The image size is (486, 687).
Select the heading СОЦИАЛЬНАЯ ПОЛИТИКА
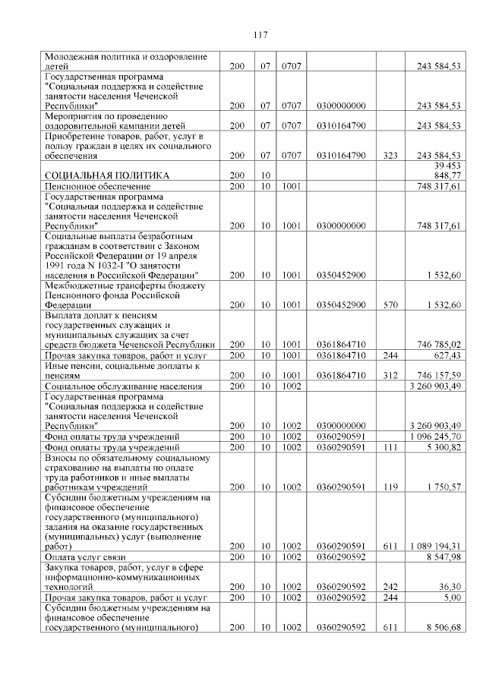coord(106,175)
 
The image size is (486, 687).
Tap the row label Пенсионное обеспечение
coord(92,185)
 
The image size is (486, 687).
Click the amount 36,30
coord(450,587)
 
